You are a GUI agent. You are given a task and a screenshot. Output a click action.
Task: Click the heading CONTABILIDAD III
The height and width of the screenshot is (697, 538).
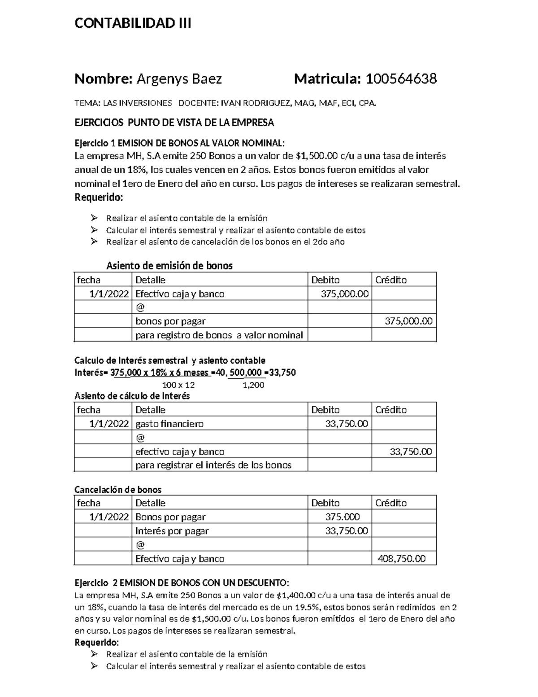133,23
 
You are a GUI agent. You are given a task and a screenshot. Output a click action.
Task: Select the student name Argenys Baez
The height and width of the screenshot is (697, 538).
179,79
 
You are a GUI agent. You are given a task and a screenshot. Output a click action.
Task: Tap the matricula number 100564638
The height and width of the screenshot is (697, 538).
401,79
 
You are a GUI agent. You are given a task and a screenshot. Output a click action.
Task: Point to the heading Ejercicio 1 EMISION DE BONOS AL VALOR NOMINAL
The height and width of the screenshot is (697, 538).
179,143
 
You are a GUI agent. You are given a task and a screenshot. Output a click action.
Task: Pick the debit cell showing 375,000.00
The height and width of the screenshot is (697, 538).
345,294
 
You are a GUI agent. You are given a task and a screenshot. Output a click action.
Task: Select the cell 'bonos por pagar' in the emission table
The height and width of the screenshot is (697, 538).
170,321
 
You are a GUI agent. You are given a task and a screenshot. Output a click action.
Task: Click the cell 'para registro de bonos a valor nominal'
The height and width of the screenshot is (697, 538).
219,335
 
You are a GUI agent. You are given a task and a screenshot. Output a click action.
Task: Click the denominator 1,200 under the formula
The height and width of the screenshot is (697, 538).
253,385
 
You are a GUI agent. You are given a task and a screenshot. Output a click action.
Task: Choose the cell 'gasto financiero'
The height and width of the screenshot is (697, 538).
169,424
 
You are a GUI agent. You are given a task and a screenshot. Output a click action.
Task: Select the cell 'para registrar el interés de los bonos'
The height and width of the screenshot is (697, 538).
213,465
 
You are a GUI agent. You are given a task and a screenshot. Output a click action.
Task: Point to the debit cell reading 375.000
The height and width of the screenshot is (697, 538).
343,517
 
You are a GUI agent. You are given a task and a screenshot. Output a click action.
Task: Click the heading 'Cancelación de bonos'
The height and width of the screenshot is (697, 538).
118,490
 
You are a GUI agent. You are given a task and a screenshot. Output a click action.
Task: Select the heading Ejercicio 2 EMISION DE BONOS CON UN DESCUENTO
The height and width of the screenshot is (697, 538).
182,583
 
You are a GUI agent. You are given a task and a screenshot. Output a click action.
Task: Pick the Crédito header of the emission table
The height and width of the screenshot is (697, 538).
391,280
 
